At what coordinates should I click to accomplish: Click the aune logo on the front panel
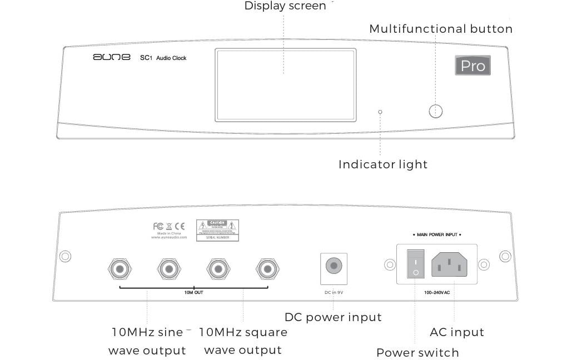[x=111, y=57]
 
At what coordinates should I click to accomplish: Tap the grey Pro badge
[x=472, y=66]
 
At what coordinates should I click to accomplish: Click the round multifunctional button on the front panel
[x=436, y=111]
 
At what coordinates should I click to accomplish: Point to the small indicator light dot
[x=380, y=112]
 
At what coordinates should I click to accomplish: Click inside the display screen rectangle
[x=285, y=84]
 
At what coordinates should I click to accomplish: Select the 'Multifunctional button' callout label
[x=441, y=29]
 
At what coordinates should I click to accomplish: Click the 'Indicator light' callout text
[x=383, y=164]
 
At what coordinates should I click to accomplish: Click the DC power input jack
[x=334, y=266]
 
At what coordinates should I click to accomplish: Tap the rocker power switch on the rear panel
[x=415, y=264]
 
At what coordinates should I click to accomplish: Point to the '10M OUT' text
[x=193, y=292]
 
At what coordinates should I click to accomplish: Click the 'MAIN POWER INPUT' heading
[x=437, y=235]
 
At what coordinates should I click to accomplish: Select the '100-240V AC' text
[x=437, y=292]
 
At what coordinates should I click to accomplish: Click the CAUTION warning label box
[x=217, y=230]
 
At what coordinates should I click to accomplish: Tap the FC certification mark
[x=158, y=226]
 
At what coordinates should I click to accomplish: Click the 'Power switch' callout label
[x=417, y=353]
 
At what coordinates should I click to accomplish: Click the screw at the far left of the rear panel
[x=65, y=257]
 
